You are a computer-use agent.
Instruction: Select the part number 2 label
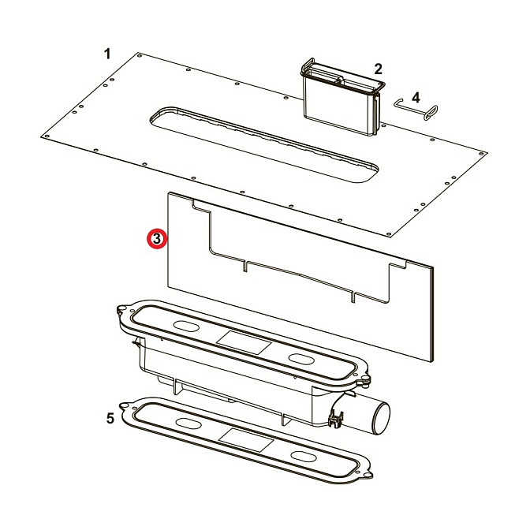pyautogui.click(x=378, y=69)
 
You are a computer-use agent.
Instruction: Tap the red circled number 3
pyautogui.click(x=157, y=238)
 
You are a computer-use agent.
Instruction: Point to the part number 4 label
pyautogui.click(x=416, y=96)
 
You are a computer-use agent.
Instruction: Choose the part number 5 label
pyautogui.click(x=110, y=418)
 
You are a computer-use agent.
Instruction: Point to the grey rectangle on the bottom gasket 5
pyautogui.click(x=244, y=439)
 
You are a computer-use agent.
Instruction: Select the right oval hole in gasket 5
pyautogui.click(x=304, y=457)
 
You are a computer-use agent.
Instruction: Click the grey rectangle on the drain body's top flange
pyautogui.click(x=244, y=342)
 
